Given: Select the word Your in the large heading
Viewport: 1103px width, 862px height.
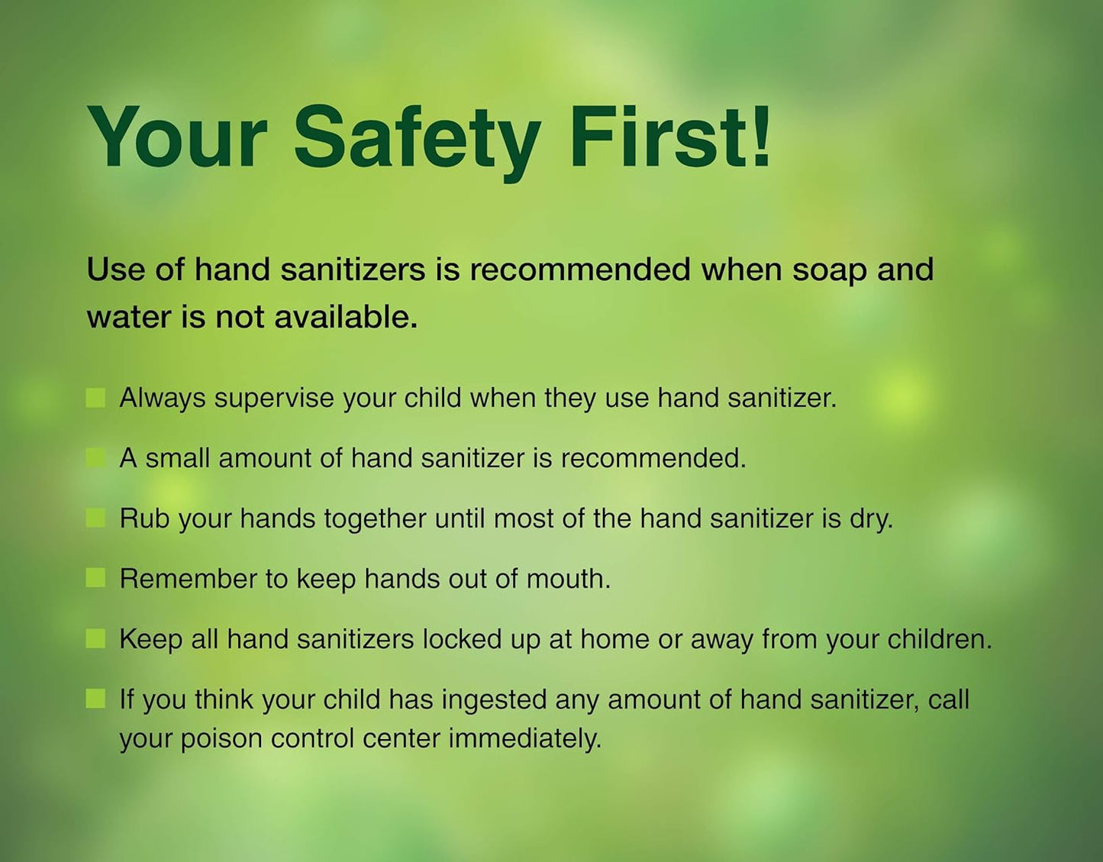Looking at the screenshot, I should pyautogui.click(x=177, y=137).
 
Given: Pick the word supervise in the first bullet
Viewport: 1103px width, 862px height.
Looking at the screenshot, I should pyautogui.click(x=274, y=399).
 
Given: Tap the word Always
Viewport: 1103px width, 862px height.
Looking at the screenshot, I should pyautogui.click(x=163, y=398).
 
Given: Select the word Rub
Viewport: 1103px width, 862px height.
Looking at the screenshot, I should pyautogui.click(x=144, y=518).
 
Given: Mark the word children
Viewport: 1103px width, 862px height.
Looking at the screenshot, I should pyautogui.click(x=939, y=639).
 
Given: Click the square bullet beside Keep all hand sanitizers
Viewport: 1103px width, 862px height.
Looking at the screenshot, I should pyautogui.click(x=95, y=639).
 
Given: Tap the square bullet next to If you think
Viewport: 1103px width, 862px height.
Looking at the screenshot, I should pyautogui.click(x=95, y=699).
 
